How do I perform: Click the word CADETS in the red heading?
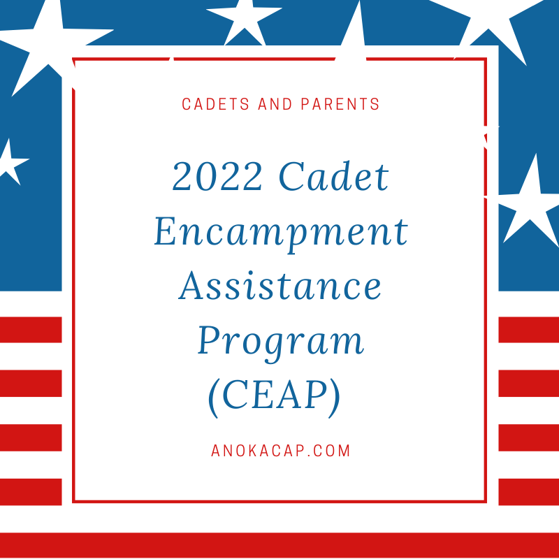tap(215, 104)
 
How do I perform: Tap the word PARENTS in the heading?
tap(340, 104)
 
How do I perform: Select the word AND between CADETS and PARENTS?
tap(275, 104)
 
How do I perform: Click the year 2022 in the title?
tap(217, 176)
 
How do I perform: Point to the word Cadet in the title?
tap(334, 176)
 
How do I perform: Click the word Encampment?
tap(281, 232)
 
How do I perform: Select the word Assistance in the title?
tap(280, 286)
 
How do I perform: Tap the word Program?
tap(281, 342)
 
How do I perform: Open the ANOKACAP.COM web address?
tap(281, 451)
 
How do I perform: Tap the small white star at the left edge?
tap(10, 161)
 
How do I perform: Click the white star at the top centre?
tap(245, 22)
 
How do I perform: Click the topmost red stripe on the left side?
tap(31, 330)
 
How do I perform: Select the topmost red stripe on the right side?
tap(529, 330)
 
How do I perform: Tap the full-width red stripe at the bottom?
tap(279, 546)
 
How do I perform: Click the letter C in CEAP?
tap(235, 396)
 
